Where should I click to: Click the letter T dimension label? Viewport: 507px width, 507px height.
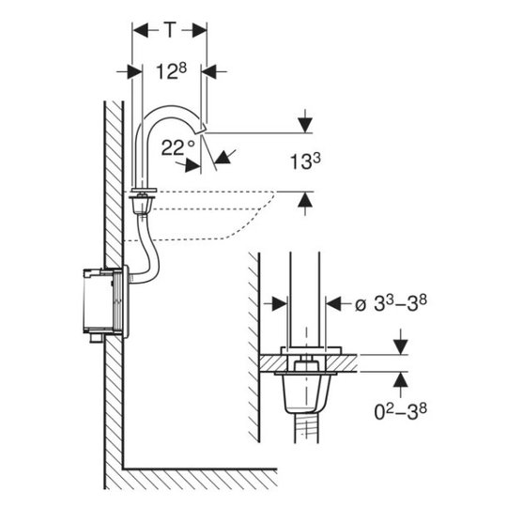tap(170, 30)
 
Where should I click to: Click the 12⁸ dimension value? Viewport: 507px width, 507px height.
tap(172, 71)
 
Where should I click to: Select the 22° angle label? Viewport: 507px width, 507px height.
tap(177, 147)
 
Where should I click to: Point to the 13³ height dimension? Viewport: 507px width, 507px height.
tap(305, 161)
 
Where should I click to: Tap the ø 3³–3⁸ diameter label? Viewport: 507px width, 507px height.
tap(391, 303)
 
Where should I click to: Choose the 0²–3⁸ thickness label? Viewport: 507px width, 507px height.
tap(400, 411)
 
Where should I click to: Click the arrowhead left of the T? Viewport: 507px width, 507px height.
tap(140, 30)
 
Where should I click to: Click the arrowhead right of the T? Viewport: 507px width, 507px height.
tap(199, 30)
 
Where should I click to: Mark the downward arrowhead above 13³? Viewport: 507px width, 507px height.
tap(305, 126)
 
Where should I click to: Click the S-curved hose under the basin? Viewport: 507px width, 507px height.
tap(147, 248)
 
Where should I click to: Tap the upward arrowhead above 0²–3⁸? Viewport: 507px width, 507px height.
tap(401, 380)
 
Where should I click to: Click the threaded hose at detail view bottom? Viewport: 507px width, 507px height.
tap(306, 428)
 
